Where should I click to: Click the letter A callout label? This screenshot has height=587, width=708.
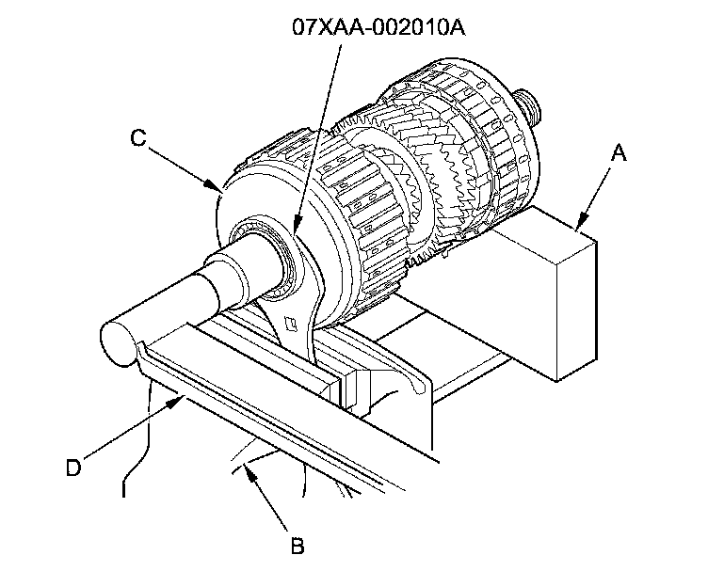click(618, 152)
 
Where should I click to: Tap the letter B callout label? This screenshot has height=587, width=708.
click(298, 547)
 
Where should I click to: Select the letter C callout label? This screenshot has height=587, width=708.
click(137, 138)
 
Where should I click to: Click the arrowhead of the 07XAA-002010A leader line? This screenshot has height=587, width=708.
click(293, 235)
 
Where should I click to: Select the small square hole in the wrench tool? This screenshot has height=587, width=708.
click(294, 325)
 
